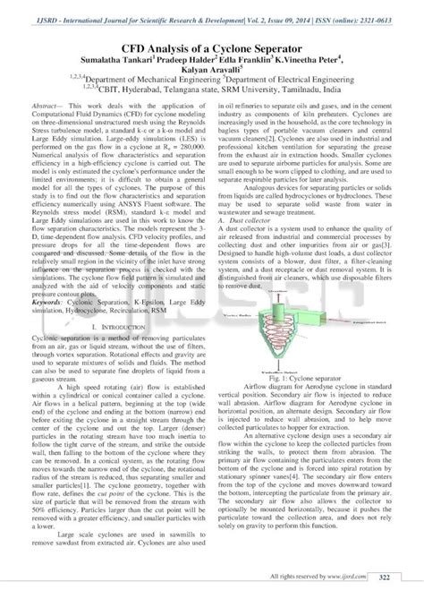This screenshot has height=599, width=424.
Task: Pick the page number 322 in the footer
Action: [386, 578]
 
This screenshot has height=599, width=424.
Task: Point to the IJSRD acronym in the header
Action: [41, 13]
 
